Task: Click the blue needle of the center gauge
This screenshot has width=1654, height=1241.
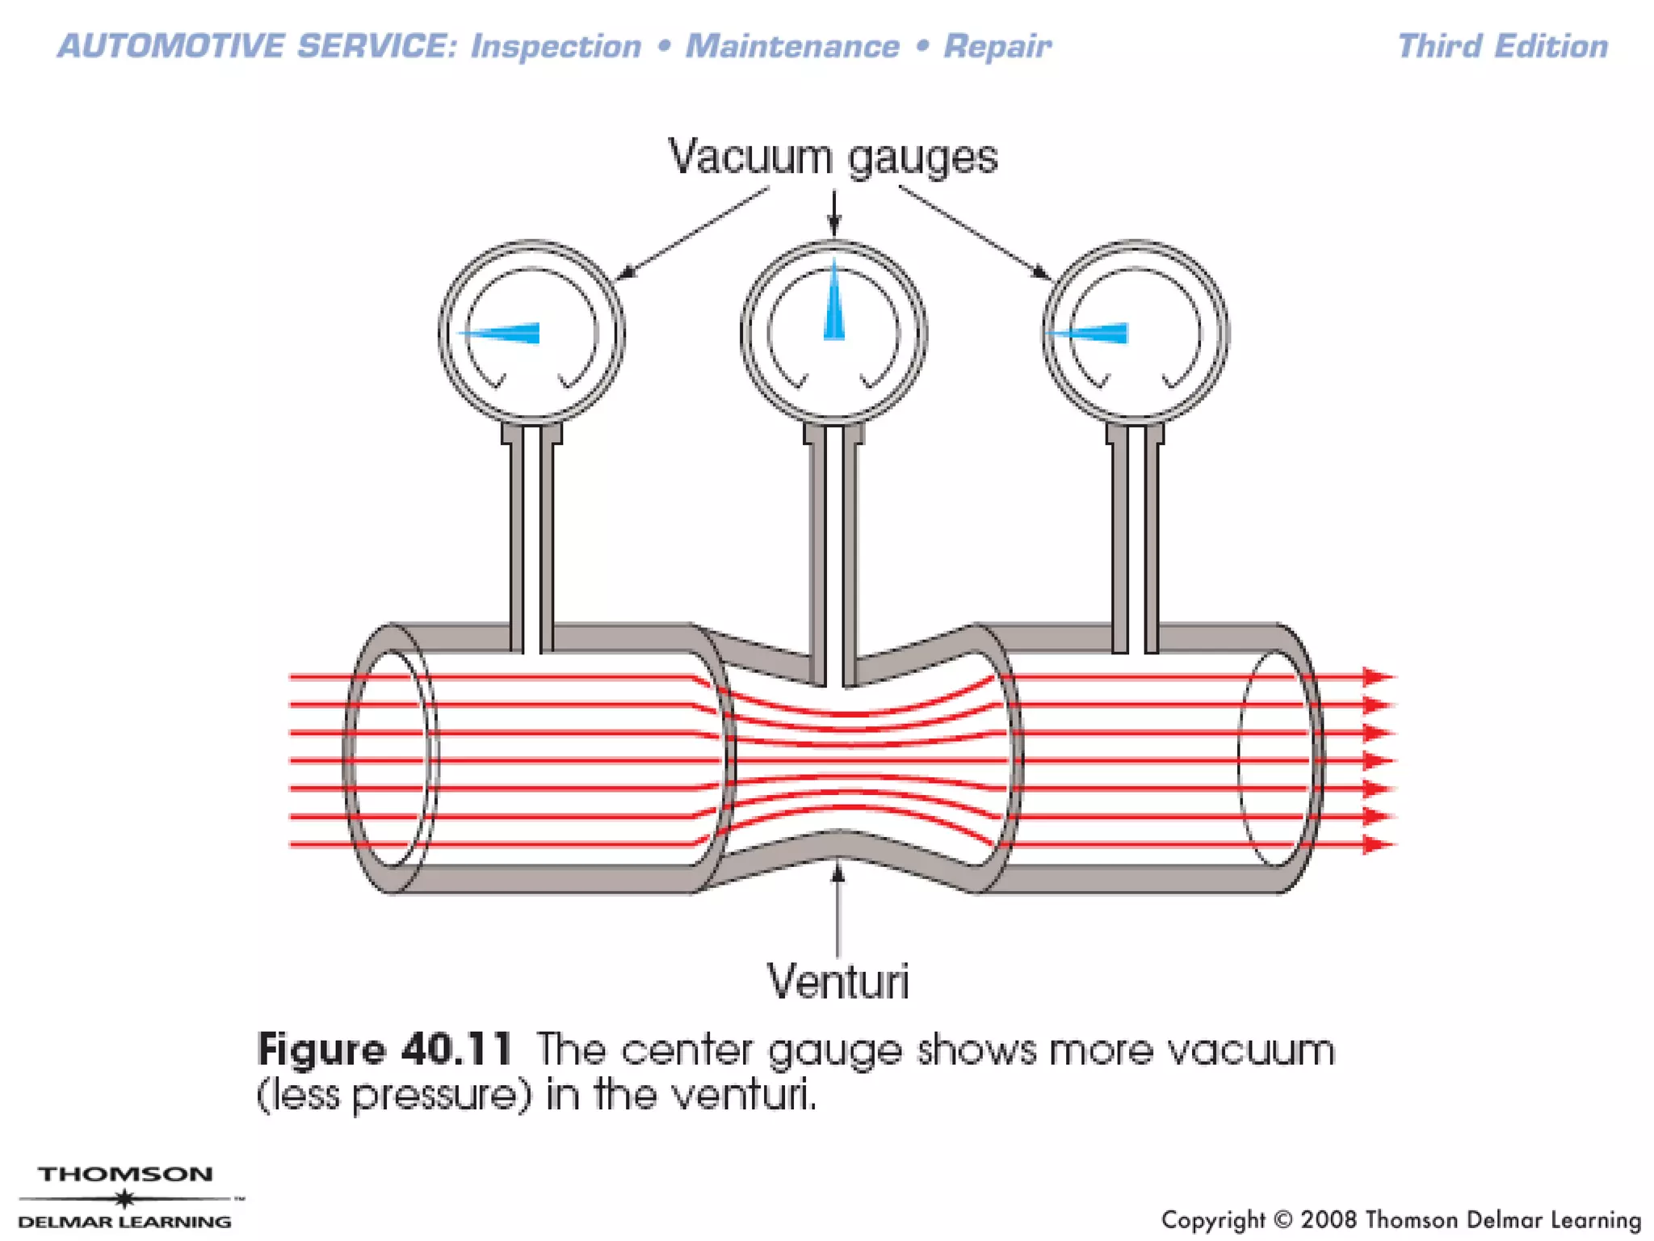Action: tap(834, 307)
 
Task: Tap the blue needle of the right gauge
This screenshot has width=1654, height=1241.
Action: tap(1094, 332)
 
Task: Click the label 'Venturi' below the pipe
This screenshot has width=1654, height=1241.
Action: tap(837, 982)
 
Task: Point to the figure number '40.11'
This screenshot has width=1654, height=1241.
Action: tap(456, 1050)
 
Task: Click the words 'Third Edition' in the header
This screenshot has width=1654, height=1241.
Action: tap(1502, 46)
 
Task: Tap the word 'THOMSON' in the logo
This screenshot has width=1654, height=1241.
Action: tap(125, 1174)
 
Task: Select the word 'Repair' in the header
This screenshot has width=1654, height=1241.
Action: tap(997, 46)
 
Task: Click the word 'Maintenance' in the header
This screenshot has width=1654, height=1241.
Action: tap(792, 46)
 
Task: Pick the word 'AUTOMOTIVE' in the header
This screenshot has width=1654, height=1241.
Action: tap(170, 46)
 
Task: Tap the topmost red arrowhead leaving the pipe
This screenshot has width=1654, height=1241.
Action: tap(1377, 676)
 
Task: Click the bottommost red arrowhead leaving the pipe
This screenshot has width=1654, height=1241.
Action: tap(1377, 845)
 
